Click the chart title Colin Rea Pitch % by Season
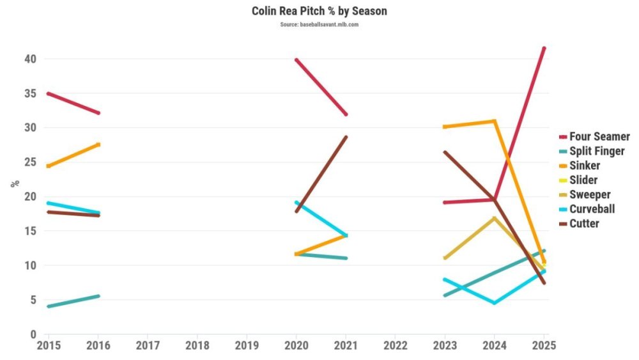[319, 12]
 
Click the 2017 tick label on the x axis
[147, 346]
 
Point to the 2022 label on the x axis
[395, 346]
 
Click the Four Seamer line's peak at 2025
[544, 48]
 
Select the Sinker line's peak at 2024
[494, 121]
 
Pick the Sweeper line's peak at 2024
[494, 218]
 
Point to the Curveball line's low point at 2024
[494, 302]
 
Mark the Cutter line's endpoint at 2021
[346, 137]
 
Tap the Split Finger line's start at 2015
[48, 306]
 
